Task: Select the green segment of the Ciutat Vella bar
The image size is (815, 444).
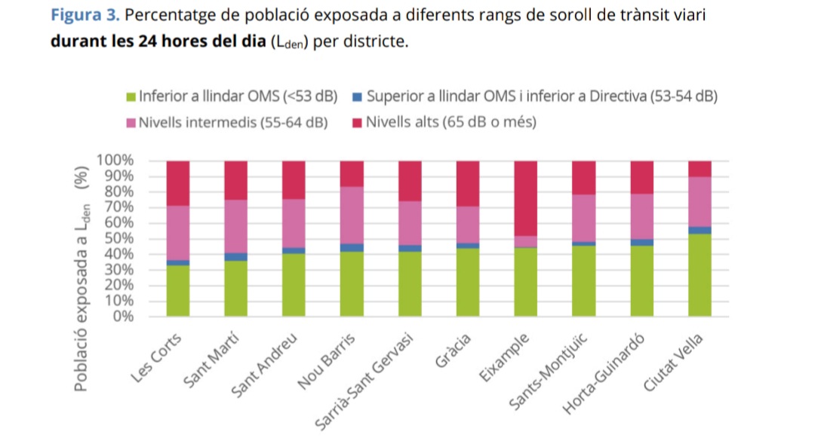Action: tap(700, 275)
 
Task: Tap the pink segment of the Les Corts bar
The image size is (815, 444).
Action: tap(178, 233)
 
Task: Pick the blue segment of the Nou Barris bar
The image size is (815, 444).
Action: tap(352, 247)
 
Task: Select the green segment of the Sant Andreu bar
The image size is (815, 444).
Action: tap(294, 285)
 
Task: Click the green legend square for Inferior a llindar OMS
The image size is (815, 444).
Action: tap(131, 96)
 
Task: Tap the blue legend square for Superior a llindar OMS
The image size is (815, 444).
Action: tap(358, 96)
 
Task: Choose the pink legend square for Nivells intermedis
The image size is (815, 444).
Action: tap(131, 122)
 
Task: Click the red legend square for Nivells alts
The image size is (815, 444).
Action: tap(358, 122)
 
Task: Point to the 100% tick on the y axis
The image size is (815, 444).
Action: tap(115, 161)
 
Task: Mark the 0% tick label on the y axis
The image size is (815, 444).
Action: tap(123, 316)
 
